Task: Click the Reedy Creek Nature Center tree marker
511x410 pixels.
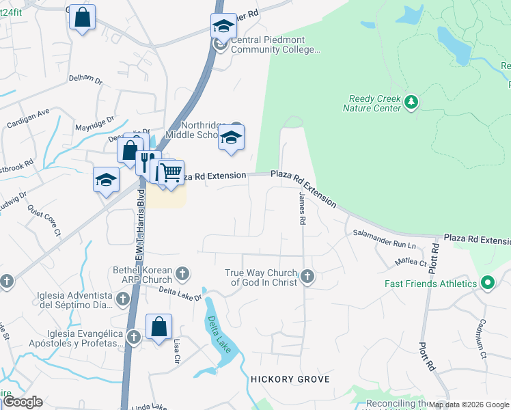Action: [x=411, y=102]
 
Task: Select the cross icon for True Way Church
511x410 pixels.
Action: [x=307, y=277]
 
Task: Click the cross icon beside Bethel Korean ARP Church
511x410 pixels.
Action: [x=182, y=275]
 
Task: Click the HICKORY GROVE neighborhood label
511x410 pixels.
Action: [x=290, y=379]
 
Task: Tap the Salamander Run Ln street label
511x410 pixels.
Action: [x=384, y=238]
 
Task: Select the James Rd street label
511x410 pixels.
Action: [x=302, y=209]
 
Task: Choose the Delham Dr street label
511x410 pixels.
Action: [x=85, y=79]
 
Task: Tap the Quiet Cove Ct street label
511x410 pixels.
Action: [x=44, y=223]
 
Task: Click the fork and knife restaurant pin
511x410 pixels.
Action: [x=146, y=162]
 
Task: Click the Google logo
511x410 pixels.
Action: [x=22, y=402]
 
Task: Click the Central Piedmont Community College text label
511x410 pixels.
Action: [x=275, y=44]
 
